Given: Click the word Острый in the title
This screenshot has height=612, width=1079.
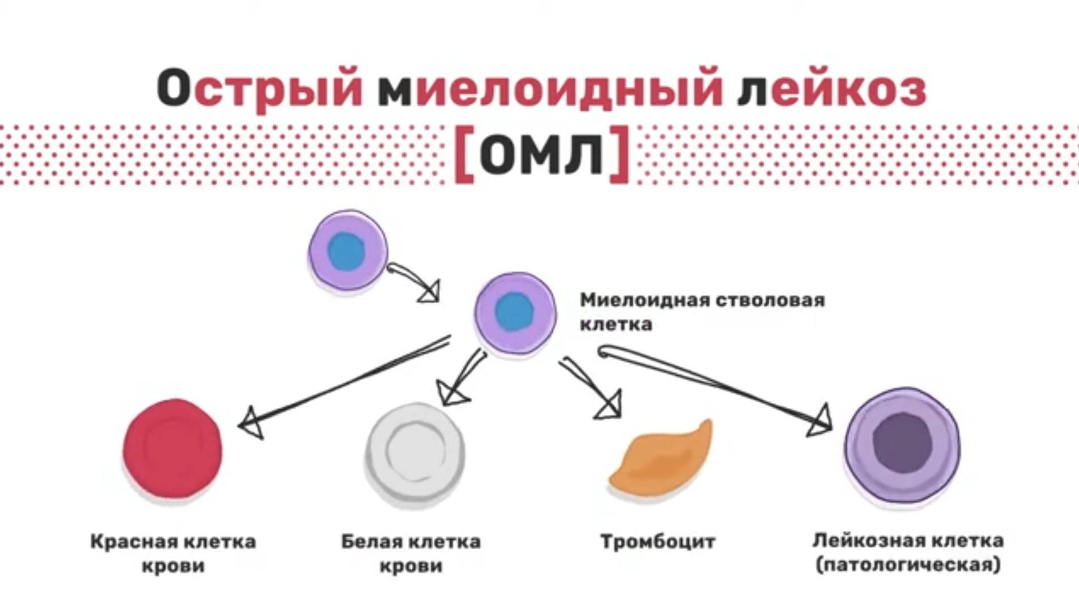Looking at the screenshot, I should pos(259,88).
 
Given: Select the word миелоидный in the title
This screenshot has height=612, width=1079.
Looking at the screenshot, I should pos(549,88).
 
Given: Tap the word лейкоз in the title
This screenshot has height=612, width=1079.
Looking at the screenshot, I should pos(831,88).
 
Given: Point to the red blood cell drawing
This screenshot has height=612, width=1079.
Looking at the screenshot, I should pos(173,449).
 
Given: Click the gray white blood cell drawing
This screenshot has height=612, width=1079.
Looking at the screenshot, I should pos(415,453).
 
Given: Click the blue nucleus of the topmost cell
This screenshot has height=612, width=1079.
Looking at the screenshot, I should pos(346,250).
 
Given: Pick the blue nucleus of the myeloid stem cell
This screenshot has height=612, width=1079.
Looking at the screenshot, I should pos(514,311).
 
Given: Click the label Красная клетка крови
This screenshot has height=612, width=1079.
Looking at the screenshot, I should pos(173,553).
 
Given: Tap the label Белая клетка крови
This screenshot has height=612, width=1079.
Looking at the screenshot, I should pos(411,553).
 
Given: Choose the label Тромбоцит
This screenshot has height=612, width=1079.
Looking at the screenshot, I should pos(658,542).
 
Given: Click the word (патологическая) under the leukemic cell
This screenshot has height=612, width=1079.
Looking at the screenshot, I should pos(908,565).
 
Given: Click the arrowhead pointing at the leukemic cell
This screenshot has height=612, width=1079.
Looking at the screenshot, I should pos(820,421).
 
